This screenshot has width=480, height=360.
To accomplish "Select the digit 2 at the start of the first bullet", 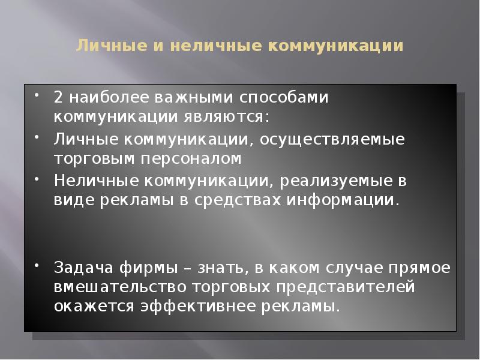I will click(58, 97).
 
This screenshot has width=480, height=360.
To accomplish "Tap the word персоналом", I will click(193, 158).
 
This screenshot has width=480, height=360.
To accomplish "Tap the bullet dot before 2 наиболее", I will click(37, 94).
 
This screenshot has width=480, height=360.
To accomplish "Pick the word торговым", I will click(89, 158).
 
